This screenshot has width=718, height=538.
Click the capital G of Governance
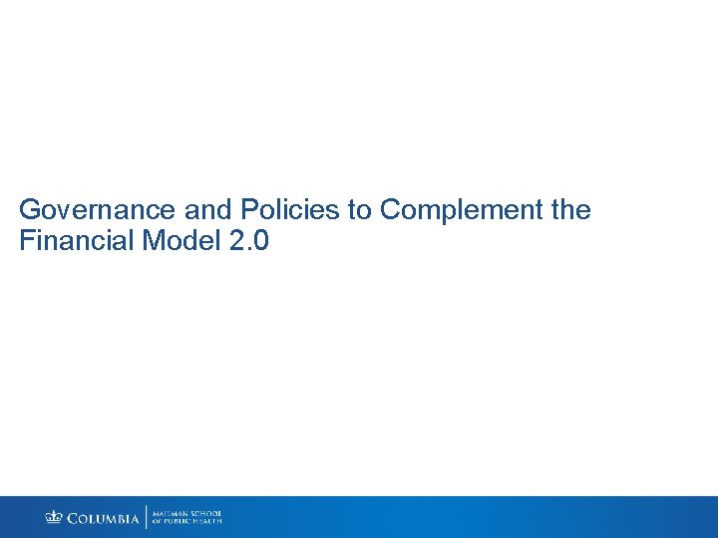pyautogui.click(x=30, y=211)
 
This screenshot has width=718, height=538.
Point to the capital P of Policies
pyautogui.click(x=247, y=211)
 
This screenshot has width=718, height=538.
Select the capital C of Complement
pyautogui.click(x=391, y=211)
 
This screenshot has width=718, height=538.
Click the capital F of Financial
pyautogui.click(x=26, y=241)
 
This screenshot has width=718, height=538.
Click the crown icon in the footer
pyautogui.click(x=53, y=517)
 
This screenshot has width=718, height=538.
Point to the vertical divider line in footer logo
pyautogui.click(x=147, y=517)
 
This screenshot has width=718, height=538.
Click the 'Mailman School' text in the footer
pyautogui.click(x=187, y=512)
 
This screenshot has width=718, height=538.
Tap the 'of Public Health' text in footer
pyautogui.click(x=187, y=521)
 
